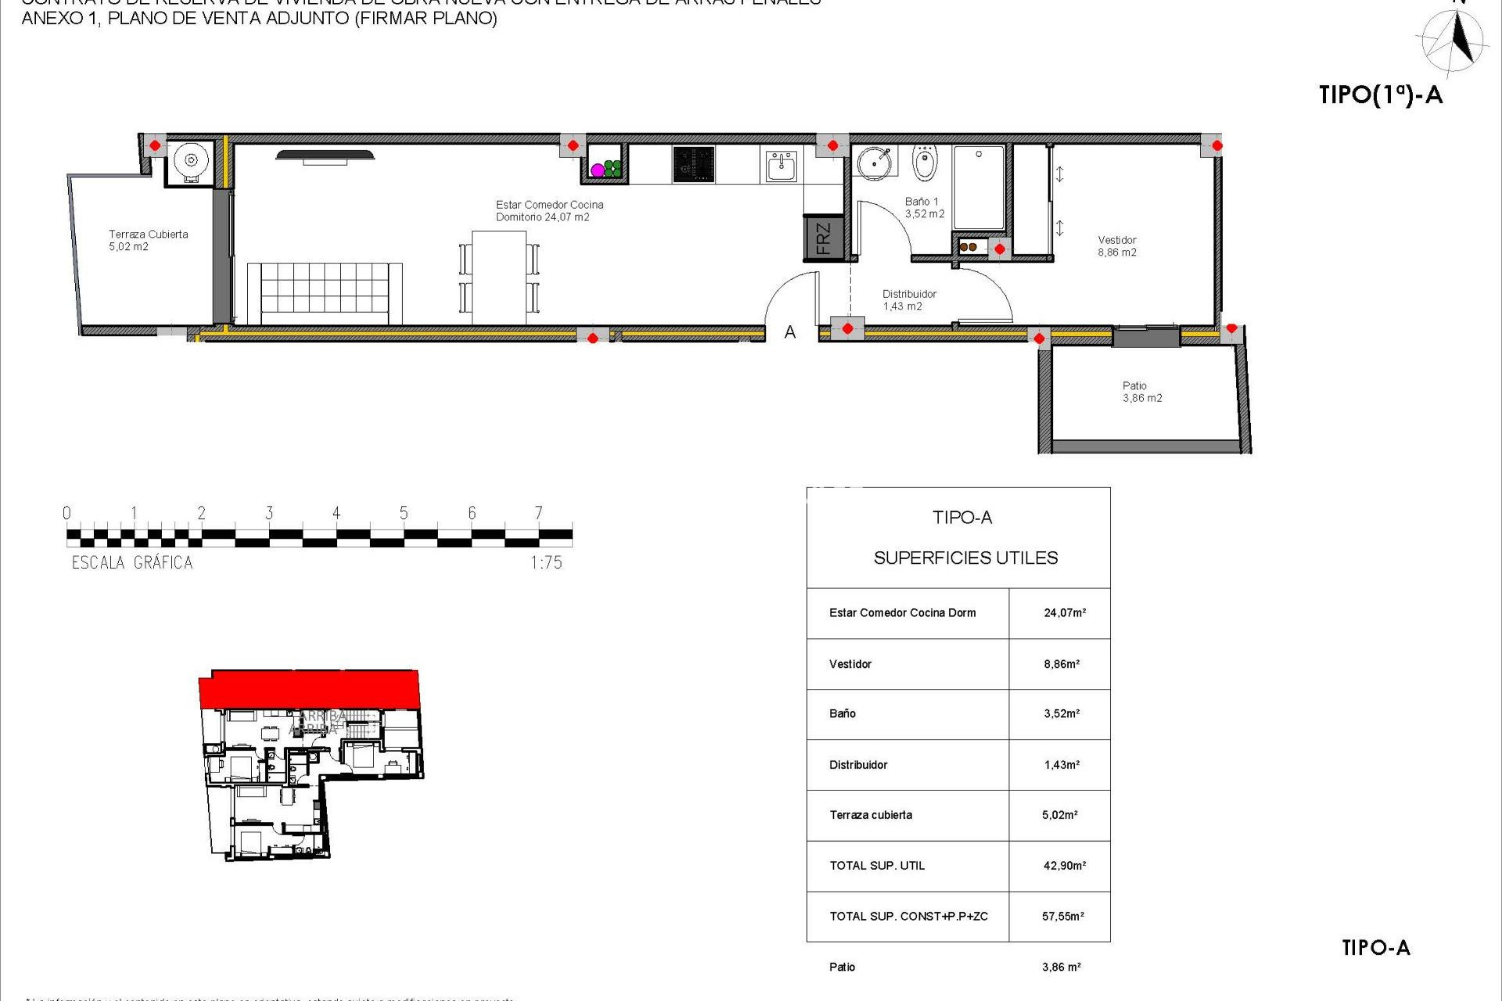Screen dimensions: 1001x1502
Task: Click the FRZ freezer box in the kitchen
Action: click(823, 238)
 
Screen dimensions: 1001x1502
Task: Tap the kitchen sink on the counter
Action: click(780, 166)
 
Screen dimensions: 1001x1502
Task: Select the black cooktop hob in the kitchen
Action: click(693, 165)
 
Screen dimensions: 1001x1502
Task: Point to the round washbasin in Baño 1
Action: click(874, 163)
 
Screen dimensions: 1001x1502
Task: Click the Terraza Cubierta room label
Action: click(147, 240)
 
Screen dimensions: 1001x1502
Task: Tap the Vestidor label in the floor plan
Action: click(1116, 246)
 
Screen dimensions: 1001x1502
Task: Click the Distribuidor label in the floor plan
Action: click(908, 300)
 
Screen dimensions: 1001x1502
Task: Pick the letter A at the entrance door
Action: click(790, 332)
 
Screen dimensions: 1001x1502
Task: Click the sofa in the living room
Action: click(325, 293)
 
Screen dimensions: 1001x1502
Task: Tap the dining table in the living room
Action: click(499, 277)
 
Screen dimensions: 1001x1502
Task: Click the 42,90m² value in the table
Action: click(1064, 866)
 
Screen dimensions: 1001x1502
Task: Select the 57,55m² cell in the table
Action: click(1062, 916)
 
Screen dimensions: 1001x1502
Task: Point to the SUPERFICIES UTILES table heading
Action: click(965, 558)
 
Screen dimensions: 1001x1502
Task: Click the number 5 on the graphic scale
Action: click(404, 513)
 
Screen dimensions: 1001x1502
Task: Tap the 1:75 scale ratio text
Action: click(546, 562)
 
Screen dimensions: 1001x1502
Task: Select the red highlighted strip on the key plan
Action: click(309, 688)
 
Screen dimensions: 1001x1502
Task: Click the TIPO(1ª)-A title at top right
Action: click(1380, 95)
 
